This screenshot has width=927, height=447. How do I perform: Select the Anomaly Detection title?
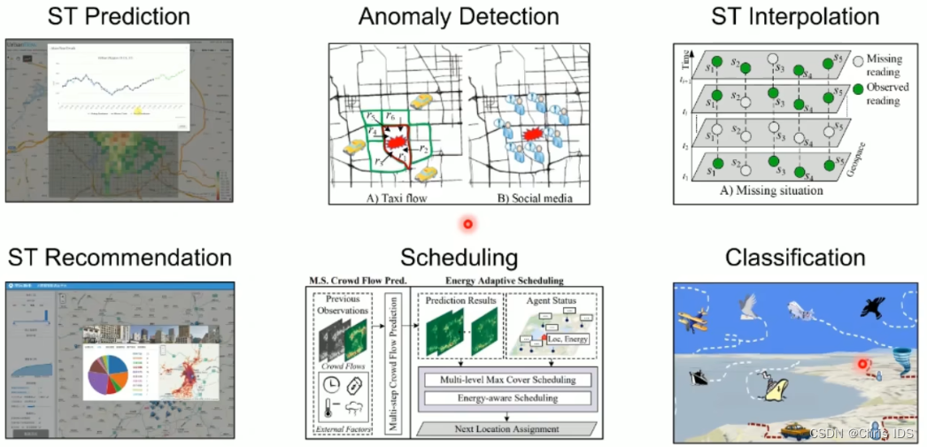click(x=458, y=17)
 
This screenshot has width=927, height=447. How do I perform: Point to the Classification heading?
click(x=795, y=258)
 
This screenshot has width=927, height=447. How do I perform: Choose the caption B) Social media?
click(x=520, y=199)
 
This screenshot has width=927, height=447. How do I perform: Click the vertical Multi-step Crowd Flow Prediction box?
click(x=395, y=363)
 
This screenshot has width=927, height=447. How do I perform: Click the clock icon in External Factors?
click(x=328, y=386)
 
